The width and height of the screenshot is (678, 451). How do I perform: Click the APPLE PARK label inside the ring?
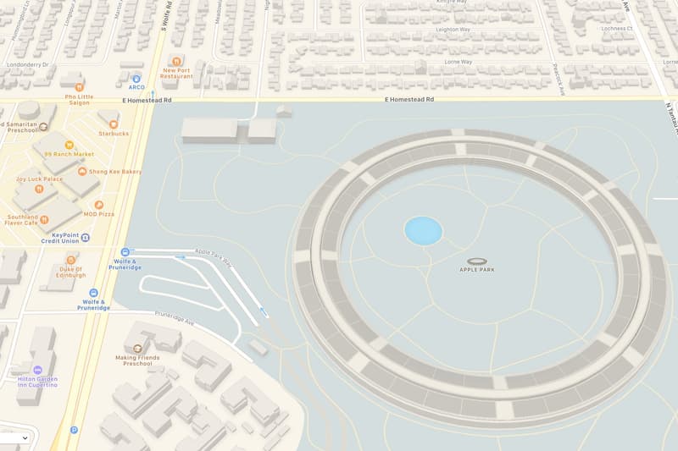pos(477,269)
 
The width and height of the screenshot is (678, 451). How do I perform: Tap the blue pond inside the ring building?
pos(423,230)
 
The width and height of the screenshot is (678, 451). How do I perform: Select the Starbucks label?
pos(114,133)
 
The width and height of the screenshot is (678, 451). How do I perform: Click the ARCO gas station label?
pos(136,86)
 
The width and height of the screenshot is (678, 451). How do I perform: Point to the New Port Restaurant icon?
pos(176,61)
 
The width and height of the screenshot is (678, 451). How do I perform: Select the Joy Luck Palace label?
pos(40,179)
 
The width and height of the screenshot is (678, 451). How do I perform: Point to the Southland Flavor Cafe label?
pos(23,220)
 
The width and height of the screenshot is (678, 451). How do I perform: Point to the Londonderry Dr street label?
pos(27,64)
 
